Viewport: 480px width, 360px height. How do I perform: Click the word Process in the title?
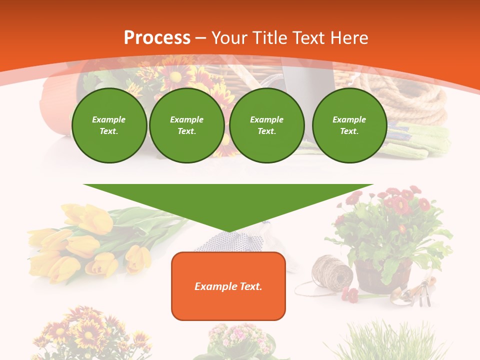point(157,38)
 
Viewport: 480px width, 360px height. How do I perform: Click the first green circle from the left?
point(109,125)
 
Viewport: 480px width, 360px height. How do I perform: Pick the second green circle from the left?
point(186,125)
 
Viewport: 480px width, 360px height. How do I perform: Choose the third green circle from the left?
point(266,125)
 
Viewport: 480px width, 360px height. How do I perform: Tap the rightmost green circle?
point(349,125)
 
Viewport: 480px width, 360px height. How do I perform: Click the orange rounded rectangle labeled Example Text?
point(228,286)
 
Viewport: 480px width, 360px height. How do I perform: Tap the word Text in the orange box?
point(249,286)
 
